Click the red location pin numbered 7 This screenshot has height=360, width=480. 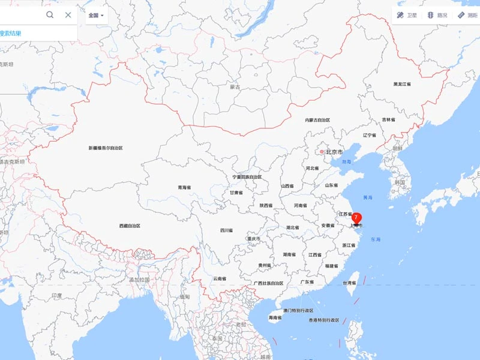point(356,217)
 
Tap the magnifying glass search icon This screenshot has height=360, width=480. point(50,15)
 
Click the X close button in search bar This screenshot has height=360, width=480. point(68,15)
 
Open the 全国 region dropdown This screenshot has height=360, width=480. point(96,15)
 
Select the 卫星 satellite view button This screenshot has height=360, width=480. point(406,15)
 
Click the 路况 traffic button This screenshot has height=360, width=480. point(437,15)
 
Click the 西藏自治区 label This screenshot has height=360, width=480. point(130,226)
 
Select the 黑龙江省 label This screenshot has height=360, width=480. point(402,84)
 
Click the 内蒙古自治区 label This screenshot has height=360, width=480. point(317,121)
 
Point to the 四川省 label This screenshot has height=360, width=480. point(226,230)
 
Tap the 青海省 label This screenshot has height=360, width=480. point(184,188)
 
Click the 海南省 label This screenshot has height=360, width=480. point(275,317)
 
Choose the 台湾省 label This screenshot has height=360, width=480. point(349,282)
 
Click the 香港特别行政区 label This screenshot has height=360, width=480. point(324,320)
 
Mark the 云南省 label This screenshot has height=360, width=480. point(220,278)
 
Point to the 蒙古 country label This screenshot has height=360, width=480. point(235,87)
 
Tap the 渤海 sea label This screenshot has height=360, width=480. point(347,162)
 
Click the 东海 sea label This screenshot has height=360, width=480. point(376,240)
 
